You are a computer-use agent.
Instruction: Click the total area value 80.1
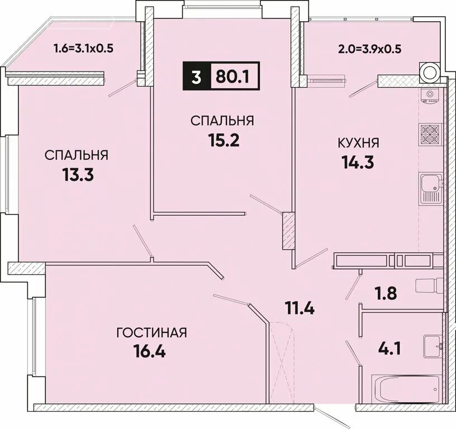tap(232, 77)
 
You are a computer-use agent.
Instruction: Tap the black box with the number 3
tap(196, 77)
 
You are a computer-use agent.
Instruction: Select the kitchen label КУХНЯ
tap(358, 143)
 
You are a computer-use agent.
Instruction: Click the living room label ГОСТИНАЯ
tap(151, 333)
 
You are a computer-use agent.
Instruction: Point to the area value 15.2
tap(224, 140)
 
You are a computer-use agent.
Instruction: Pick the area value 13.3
tap(78, 175)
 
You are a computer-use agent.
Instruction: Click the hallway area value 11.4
tap(300, 308)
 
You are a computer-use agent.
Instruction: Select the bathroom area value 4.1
tap(389, 348)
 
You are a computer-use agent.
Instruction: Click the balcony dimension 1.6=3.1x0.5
tap(83, 48)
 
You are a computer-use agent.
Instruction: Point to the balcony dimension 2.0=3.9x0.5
tap(369, 49)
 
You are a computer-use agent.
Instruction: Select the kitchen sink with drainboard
tap(431, 188)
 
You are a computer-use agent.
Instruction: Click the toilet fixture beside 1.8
tap(429, 287)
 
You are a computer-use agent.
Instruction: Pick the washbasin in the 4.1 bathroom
tap(433, 346)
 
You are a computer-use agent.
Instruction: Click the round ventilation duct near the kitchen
tap(430, 71)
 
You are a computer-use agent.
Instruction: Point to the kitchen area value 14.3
tap(358, 162)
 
